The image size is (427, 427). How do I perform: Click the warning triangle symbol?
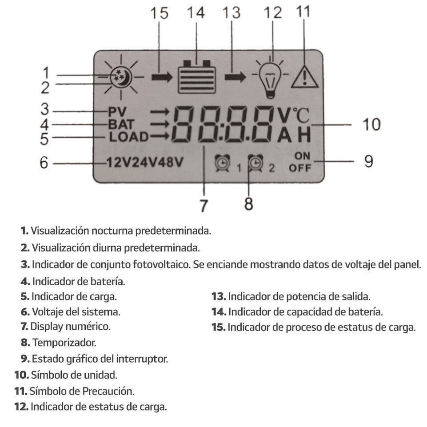pyautogui.click(x=304, y=77)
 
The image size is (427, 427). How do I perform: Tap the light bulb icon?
pyautogui.click(x=271, y=79)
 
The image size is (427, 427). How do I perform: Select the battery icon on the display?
pyautogui.click(x=196, y=77)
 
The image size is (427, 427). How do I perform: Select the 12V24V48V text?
pyautogui.click(x=144, y=163)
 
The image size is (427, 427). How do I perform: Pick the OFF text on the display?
pyautogui.click(x=300, y=168)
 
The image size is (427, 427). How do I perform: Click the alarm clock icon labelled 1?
pyautogui.click(x=222, y=163)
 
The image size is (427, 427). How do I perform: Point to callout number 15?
pyautogui.click(x=159, y=13)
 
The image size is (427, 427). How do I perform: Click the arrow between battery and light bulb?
pyautogui.click(x=235, y=77)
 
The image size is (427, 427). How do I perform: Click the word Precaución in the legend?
pyautogui.click(x=108, y=391)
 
